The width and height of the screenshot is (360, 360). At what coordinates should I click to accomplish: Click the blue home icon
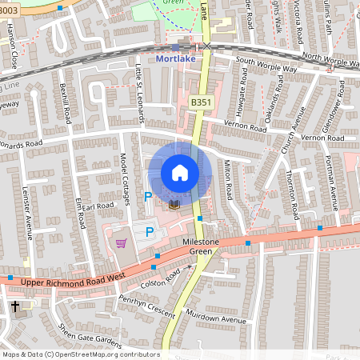(x=180, y=173)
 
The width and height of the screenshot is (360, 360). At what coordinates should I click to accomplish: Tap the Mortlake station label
(x=176, y=58)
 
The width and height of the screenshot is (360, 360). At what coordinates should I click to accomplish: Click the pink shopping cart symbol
(x=121, y=243)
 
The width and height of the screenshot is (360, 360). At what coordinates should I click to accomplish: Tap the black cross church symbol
(x=15, y=306)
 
